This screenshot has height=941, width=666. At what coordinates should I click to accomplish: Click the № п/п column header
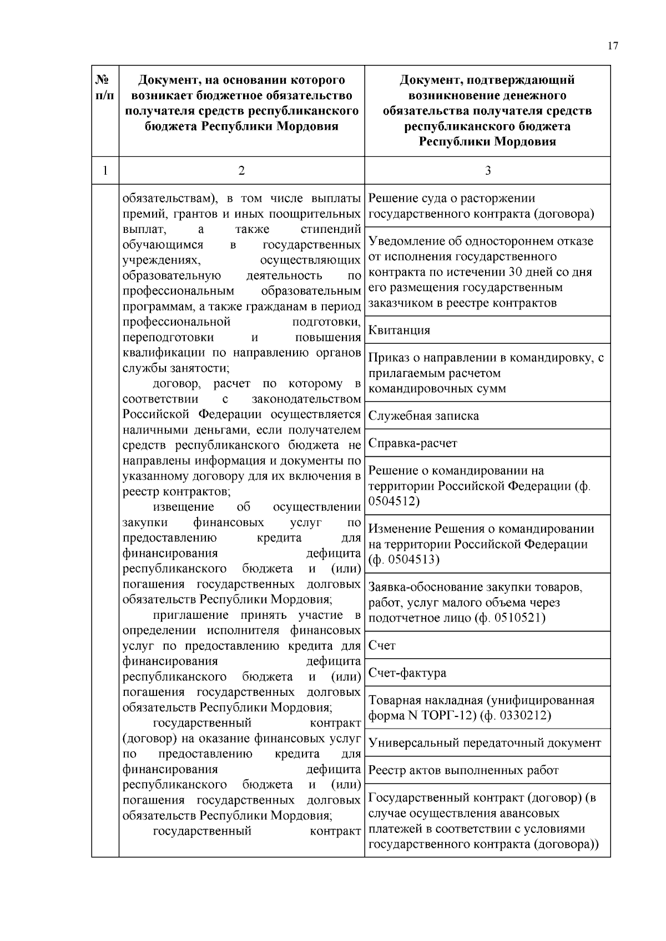(105, 88)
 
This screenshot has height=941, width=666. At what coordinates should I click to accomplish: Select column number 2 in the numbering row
(241, 171)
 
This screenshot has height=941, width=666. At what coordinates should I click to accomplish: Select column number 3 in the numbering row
(487, 171)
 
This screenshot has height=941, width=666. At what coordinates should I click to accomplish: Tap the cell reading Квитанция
(399, 330)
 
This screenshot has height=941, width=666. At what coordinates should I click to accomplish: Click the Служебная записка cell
(423, 416)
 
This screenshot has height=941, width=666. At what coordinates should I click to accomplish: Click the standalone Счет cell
(382, 645)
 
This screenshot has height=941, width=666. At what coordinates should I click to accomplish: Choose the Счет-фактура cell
(407, 673)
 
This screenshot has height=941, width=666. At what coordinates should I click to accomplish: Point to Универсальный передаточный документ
(485, 743)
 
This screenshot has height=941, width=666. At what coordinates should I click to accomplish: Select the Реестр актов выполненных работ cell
(463, 771)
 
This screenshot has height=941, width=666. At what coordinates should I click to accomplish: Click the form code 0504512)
(394, 502)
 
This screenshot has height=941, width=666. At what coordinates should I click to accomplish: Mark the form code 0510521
(520, 618)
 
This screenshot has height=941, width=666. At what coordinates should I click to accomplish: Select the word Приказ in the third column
(387, 358)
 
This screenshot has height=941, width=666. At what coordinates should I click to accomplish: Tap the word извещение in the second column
(183, 507)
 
